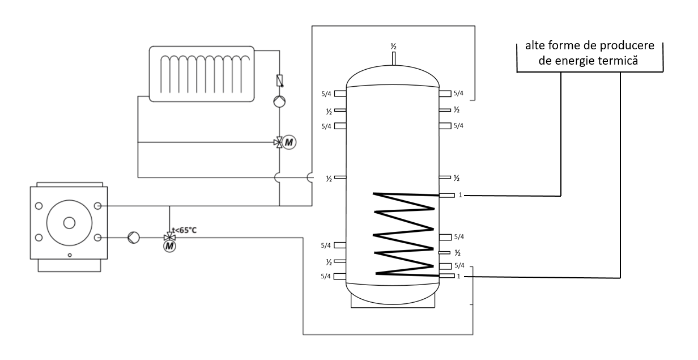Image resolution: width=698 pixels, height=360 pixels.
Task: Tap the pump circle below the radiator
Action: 279,101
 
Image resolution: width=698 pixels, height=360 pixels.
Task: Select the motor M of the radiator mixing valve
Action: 289,142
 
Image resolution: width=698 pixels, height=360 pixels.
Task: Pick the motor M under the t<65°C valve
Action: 169,246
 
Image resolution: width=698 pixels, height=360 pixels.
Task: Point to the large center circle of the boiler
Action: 69,222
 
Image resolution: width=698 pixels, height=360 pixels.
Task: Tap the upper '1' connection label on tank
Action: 460,196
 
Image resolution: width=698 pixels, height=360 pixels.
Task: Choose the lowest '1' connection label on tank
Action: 460,277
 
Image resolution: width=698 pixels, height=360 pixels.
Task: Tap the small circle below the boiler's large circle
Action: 69,255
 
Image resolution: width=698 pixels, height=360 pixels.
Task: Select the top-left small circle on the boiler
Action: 39,206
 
